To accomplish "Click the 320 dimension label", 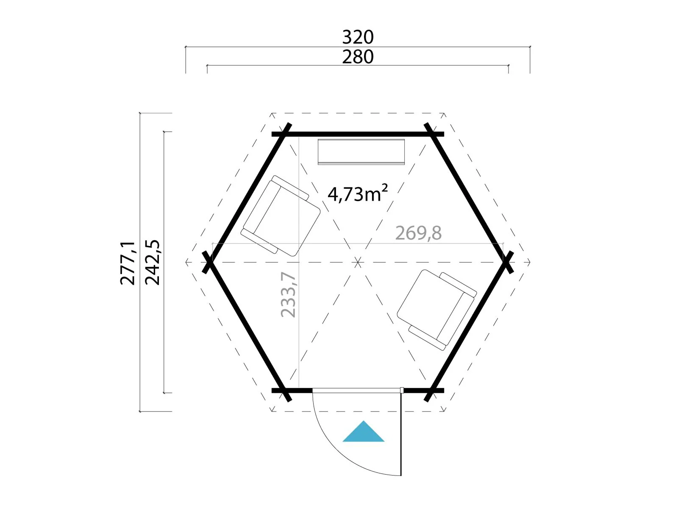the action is coord(358,37).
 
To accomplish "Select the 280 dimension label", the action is coord(358,57).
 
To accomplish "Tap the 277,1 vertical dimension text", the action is coord(128,263).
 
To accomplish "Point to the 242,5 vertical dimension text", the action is coord(152,262).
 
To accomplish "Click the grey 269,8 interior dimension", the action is coord(418,233).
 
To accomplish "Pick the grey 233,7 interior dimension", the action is coord(288,294).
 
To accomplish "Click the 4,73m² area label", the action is coord(357,193).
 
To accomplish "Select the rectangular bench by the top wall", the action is coord(361,152).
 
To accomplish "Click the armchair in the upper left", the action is coord(280,216).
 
